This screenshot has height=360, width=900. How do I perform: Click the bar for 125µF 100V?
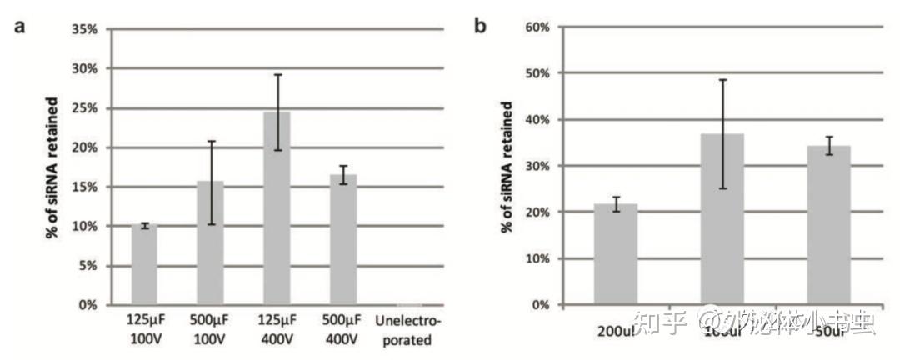coord(145,265)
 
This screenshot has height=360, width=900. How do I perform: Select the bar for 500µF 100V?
coord(211,243)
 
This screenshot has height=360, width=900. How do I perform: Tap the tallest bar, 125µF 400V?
coord(277,208)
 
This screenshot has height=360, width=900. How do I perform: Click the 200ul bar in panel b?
coord(617,254)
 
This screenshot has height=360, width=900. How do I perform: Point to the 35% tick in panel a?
coord(85,29)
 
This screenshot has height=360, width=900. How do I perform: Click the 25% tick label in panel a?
coord(85,108)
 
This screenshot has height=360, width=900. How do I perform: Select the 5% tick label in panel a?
coord(88,266)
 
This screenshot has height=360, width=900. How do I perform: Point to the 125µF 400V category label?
coord(277,330)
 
